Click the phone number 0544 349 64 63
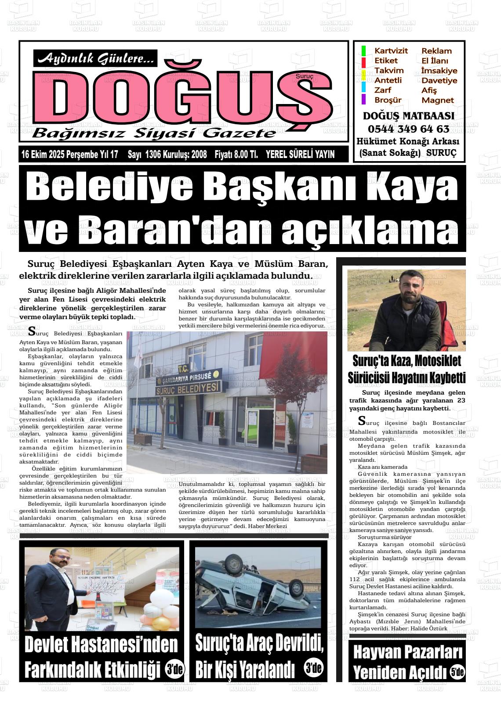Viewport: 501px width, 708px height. click(408, 129)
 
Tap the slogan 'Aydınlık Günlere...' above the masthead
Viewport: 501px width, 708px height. click(95, 58)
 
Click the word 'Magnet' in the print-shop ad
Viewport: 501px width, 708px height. click(437, 100)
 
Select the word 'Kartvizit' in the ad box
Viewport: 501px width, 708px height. click(391, 51)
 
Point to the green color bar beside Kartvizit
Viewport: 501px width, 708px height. click(363, 51)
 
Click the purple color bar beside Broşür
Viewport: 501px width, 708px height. click(363, 100)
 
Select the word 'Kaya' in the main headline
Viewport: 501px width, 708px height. click(413, 188)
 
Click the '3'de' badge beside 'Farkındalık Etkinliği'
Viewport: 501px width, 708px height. click(174, 669)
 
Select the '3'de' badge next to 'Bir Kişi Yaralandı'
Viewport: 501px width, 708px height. click(313, 668)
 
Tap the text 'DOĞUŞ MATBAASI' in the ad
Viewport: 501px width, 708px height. click(408, 116)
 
